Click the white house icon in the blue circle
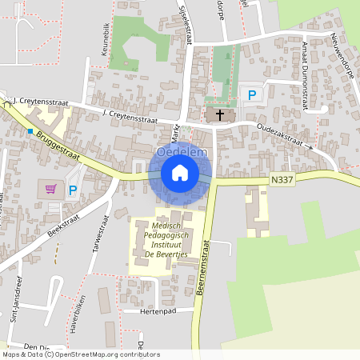point(180,172)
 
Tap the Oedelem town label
point(181,151)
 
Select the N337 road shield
point(282,180)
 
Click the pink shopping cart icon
point(51,190)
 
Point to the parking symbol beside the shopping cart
point(73,190)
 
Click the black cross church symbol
point(218,115)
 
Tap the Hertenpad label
point(157,311)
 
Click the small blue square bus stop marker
point(30,130)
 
